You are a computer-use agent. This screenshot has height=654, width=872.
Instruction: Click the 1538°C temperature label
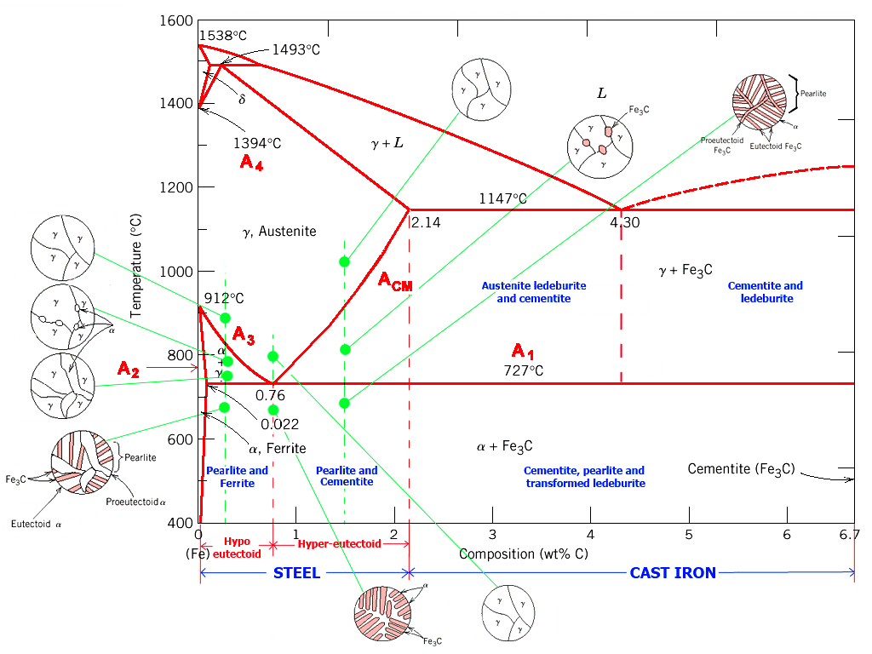tap(222, 37)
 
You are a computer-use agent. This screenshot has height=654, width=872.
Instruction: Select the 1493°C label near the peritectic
tap(295, 50)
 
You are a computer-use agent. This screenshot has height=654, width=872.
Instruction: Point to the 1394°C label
tap(257, 143)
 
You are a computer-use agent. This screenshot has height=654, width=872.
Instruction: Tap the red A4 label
tap(251, 163)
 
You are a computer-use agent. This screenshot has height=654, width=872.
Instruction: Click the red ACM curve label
tap(395, 282)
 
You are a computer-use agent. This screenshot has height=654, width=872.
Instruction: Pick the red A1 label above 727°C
tap(523, 351)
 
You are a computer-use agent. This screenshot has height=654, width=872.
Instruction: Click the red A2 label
tap(129, 369)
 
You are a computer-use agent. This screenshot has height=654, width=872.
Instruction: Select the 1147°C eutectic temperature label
tap(502, 198)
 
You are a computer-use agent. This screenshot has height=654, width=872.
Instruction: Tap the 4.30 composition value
tap(624, 223)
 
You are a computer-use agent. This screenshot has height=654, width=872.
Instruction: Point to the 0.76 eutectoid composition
tap(270, 395)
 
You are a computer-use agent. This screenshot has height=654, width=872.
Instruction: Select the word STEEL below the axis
tap(296, 573)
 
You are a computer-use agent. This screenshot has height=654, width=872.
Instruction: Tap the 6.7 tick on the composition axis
tap(848, 534)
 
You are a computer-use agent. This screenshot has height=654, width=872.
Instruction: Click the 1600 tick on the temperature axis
tap(176, 20)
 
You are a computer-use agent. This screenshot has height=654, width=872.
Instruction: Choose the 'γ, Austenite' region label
tap(274, 232)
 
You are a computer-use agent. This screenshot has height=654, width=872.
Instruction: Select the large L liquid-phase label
tap(601, 93)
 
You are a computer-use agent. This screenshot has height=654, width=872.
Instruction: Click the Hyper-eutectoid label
tap(339, 544)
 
